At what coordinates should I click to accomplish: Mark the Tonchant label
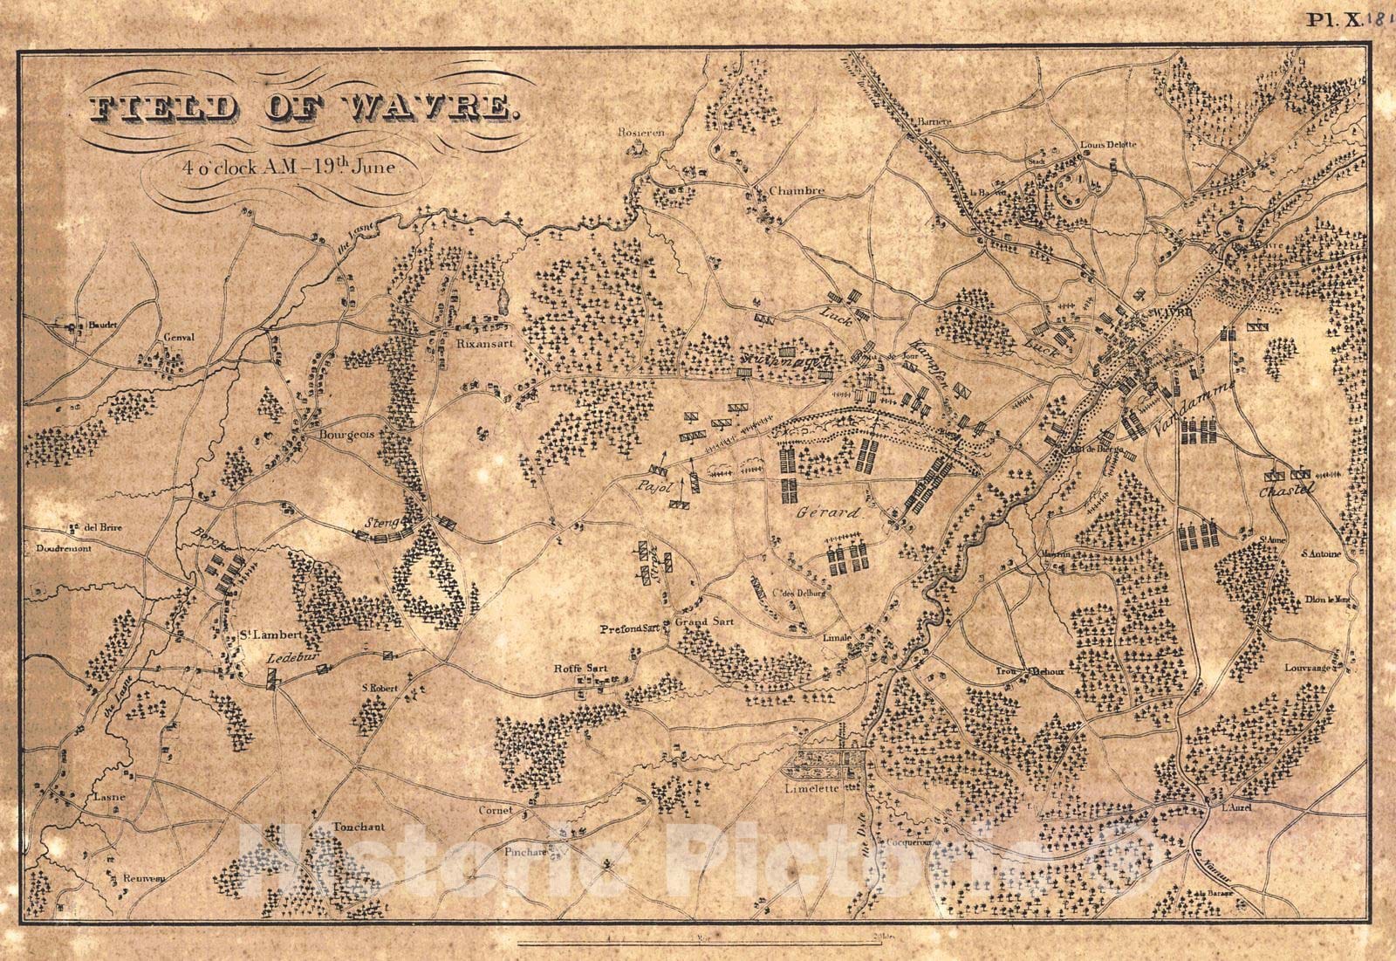359,826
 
